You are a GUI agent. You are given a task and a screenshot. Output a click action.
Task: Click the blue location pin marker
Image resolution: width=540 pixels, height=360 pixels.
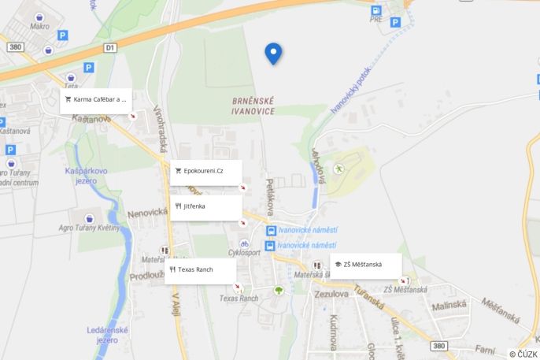(273, 53)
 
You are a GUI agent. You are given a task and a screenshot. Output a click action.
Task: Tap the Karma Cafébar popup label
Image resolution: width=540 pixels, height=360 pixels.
(95, 100)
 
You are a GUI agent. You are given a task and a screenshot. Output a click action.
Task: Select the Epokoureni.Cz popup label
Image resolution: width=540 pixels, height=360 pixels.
(205, 171)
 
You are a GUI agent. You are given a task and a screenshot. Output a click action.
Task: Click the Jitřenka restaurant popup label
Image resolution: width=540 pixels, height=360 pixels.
(205, 207)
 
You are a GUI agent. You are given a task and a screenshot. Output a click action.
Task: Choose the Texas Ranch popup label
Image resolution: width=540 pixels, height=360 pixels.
(200, 270)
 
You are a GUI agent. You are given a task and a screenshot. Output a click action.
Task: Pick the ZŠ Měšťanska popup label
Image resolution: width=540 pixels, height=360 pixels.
(366, 265)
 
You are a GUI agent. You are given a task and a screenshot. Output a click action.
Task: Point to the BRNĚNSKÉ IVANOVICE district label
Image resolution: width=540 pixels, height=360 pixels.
(253, 106)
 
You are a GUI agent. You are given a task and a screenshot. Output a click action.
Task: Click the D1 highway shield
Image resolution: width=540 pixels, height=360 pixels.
(110, 48)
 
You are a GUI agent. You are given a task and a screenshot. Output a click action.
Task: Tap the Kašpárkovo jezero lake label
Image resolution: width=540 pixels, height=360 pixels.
(87, 176)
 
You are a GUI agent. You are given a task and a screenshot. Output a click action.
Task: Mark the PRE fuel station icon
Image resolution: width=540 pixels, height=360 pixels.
(375, 10)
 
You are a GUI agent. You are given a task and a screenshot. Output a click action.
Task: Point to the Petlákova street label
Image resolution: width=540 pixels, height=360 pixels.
(269, 198)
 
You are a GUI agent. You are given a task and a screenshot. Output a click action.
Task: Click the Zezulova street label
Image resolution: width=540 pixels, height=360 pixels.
(331, 294)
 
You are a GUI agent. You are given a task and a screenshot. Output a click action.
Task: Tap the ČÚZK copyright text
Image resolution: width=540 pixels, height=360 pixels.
(523, 354)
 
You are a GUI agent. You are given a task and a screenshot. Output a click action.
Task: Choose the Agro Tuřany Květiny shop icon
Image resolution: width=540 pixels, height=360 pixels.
(89, 217)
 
